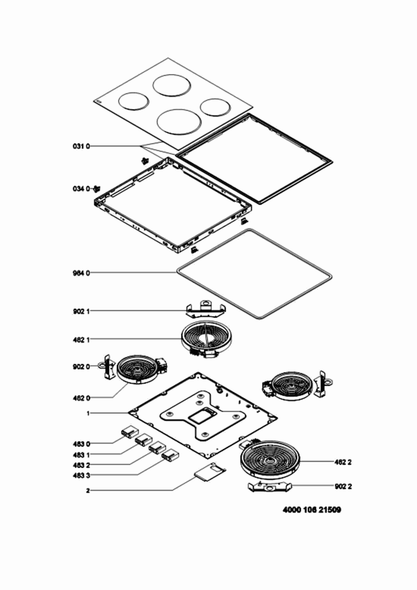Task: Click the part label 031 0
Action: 81,146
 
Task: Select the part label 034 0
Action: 81,189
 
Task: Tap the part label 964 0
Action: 81,273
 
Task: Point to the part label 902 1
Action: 81,312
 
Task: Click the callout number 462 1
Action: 81,340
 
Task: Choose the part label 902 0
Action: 81,366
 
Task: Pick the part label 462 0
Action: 81,398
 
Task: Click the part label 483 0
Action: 81,444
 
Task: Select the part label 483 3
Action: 81,476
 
